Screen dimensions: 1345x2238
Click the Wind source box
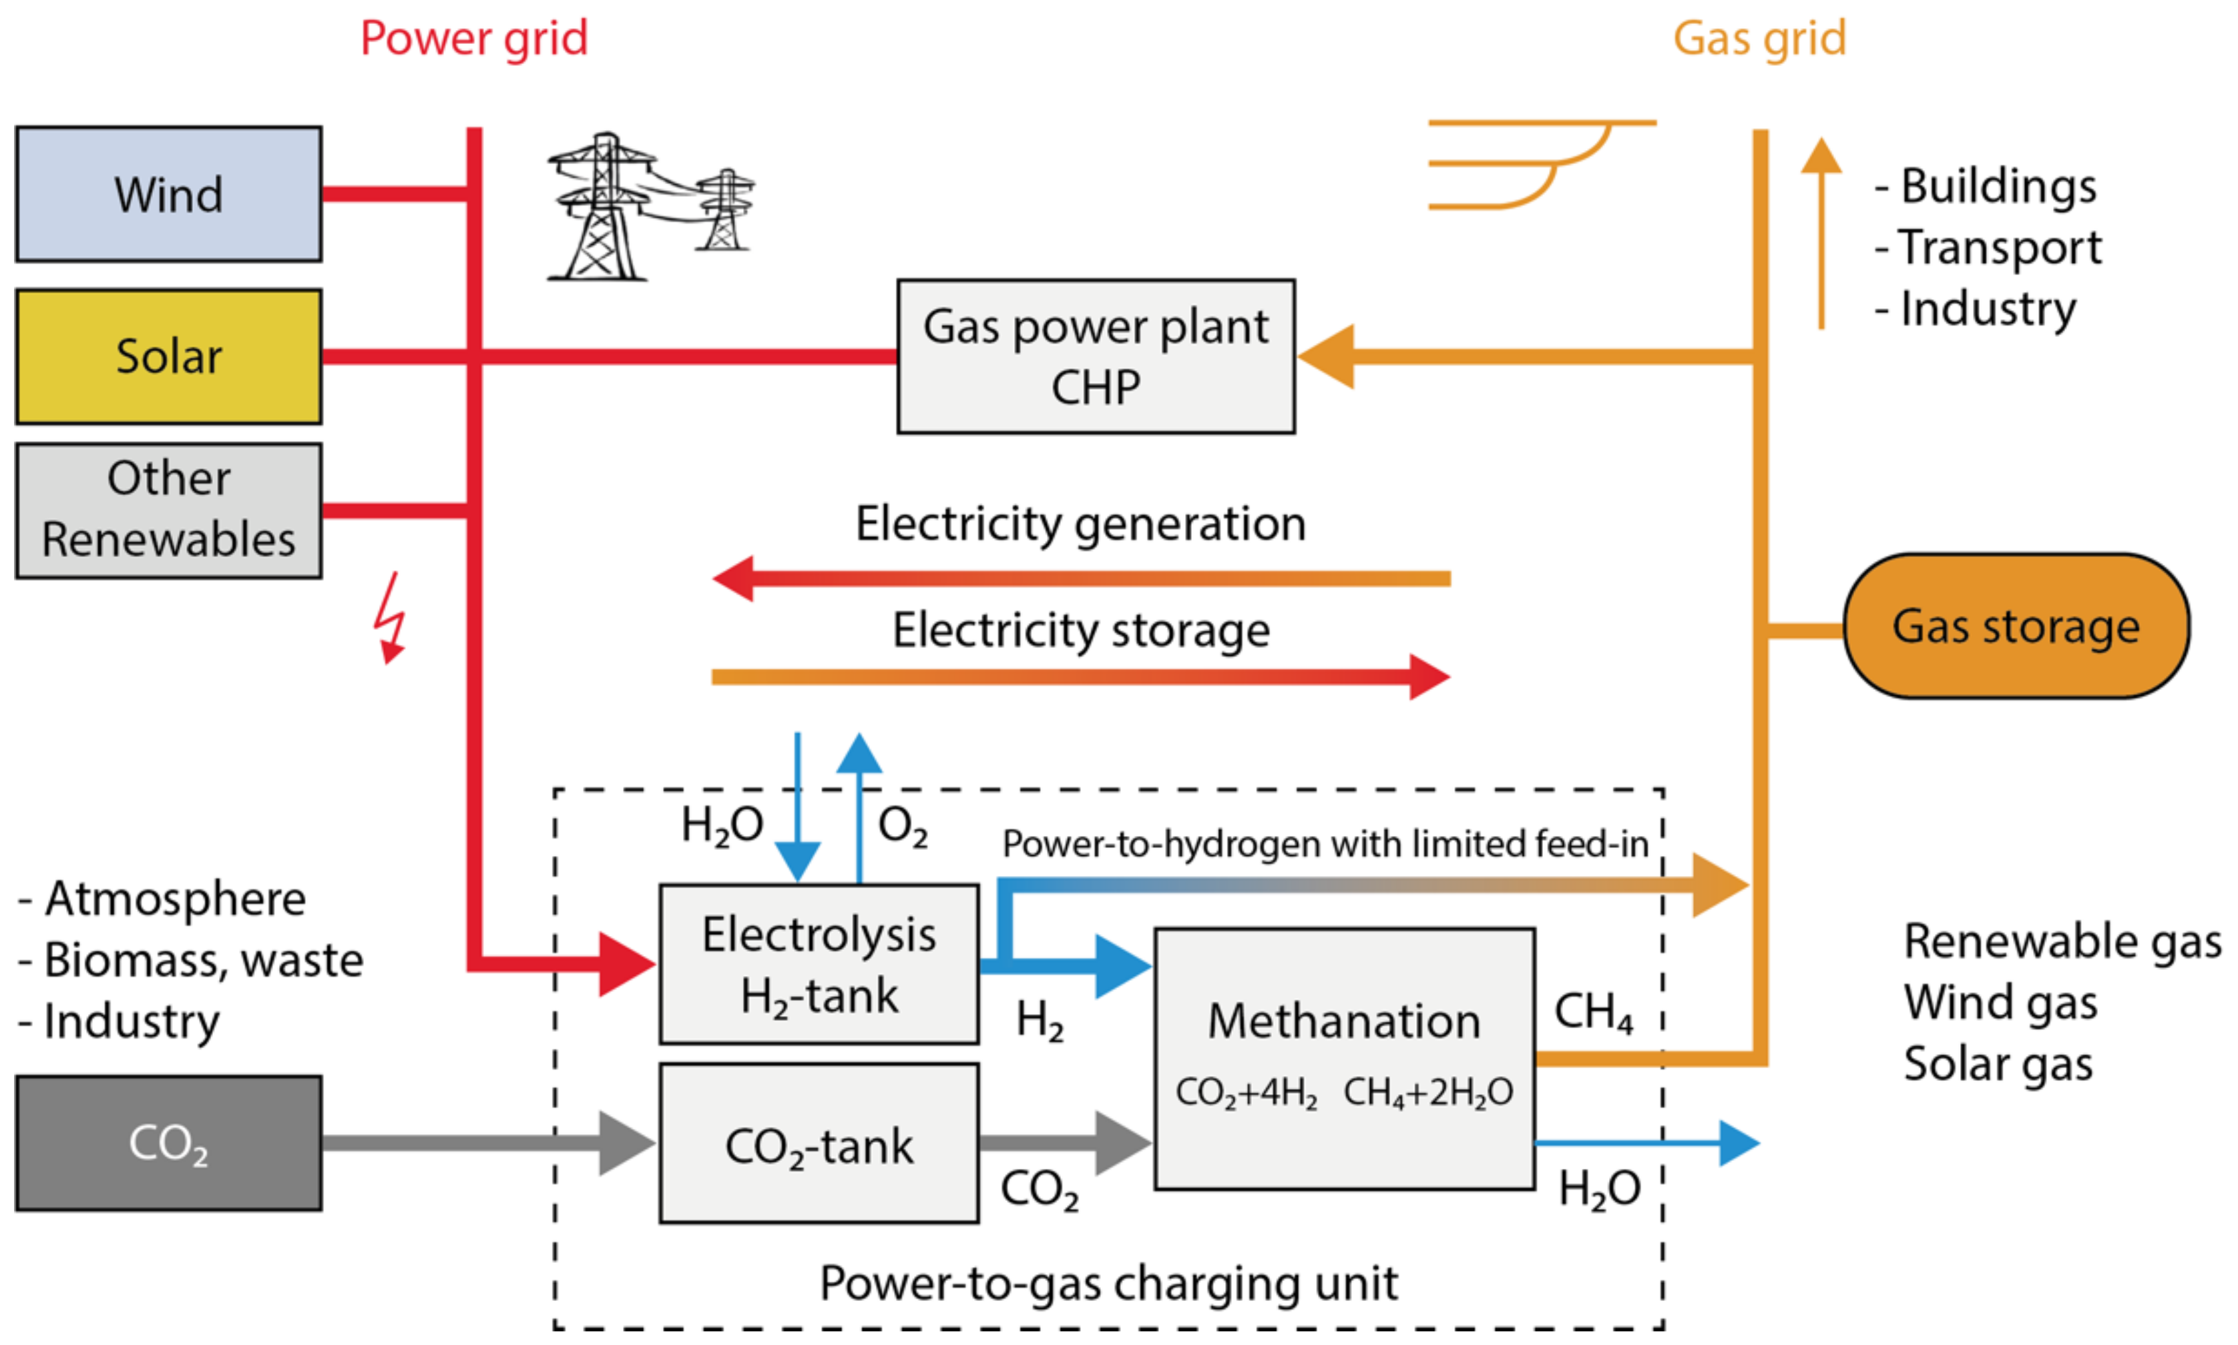pyautogui.click(x=169, y=194)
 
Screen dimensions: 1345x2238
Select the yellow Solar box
pyautogui.click(x=169, y=356)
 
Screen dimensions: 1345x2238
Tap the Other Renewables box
pyautogui.click(x=169, y=510)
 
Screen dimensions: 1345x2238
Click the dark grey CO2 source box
pyautogui.click(x=169, y=1142)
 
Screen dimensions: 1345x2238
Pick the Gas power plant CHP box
pyautogui.click(x=1096, y=356)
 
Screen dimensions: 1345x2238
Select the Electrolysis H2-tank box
pyautogui.click(x=818, y=964)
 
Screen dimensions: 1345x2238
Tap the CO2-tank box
pyautogui.click(x=818, y=1144)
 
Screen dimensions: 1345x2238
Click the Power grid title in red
pyautogui.click(x=473, y=39)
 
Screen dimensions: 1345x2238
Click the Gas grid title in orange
pyautogui.click(x=1759, y=39)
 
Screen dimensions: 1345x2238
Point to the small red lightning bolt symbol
pyautogui.click(x=390, y=616)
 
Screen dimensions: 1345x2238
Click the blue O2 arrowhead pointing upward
pyautogui.click(x=859, y=753)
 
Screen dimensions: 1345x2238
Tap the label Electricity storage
pyautogui.click(x=1080, y=630)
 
